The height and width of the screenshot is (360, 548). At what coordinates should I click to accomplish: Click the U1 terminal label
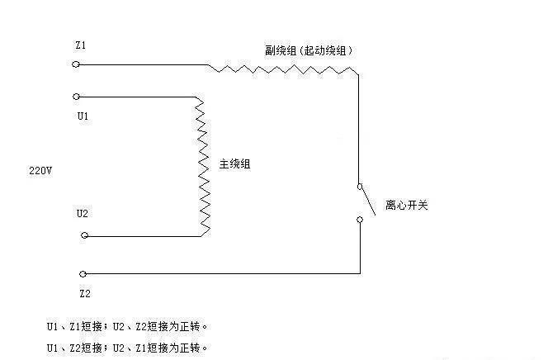click(x=83, y=116)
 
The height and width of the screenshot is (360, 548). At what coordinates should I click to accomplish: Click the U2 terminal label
click(x=83, y=213)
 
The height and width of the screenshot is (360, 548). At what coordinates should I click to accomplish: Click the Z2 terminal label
click(x=84, y=292)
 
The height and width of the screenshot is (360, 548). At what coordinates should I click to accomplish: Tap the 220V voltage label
click(x=40, y=172)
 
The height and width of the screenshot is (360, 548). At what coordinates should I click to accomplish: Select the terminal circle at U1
click(x=77, y=96)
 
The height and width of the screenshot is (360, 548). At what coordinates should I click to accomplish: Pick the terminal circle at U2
click(x=84, y=236)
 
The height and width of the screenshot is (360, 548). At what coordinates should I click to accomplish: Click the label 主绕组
click(x=234, y=164)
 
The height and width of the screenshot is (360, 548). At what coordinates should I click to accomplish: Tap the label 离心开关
click(x=407, y=205)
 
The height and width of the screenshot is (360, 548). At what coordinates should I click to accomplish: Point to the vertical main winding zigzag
click(x=202, y=165)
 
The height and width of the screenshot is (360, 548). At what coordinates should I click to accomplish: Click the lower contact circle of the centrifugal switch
click(x=360, y=220)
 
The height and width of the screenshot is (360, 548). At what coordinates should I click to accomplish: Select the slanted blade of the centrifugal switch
click(x=366, y=201)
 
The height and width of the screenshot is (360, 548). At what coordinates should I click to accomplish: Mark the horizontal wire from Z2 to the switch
click(x=223, y=273)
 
